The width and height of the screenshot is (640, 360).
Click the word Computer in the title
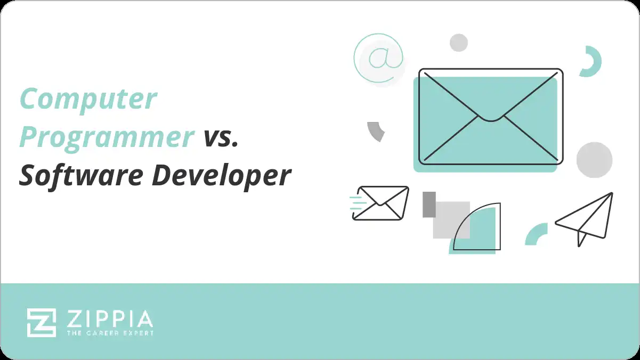[88, 99]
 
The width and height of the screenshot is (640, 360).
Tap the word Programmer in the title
[107, 137]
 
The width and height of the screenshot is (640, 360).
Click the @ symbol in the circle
[379, 58]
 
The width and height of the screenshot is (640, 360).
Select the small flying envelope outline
[382, 202]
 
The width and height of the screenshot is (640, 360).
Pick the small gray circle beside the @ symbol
[458, 43]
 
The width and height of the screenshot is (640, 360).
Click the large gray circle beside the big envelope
[594, 160]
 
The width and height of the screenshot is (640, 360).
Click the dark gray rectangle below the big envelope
[429, 204]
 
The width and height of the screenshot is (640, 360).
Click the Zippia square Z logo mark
[42, 322]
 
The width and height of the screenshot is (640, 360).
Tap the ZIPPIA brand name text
[110, 319]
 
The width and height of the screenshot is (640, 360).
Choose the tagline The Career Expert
[110, 333]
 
